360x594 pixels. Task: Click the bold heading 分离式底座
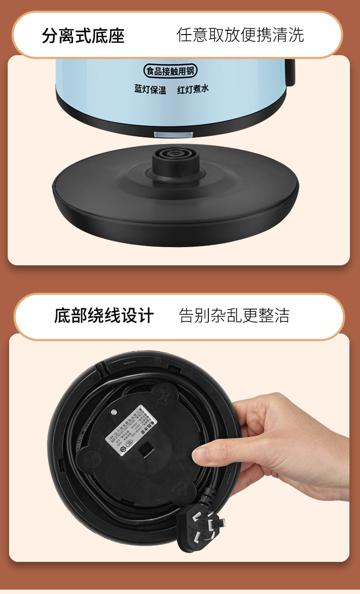coord(83,36)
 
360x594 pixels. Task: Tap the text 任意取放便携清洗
coord(240,35)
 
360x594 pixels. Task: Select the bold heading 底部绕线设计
coord(104,316)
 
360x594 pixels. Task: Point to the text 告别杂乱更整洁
coord(234,316)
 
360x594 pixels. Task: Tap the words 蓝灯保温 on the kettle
coord(150,90)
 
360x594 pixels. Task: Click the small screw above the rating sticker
coord(114,411)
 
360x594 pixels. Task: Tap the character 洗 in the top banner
coord(297,35)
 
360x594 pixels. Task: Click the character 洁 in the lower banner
coord(282,316)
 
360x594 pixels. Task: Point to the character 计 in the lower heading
coord(146,316)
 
